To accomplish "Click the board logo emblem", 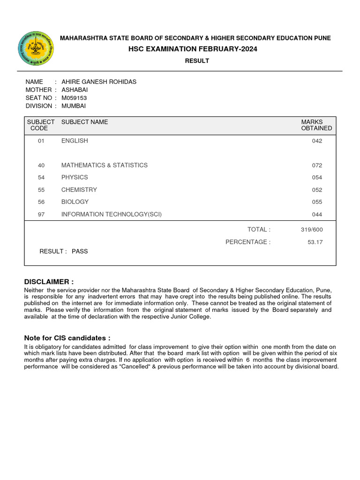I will point(36,48).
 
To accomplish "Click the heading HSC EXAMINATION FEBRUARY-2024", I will point(197,49).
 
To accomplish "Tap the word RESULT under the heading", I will point(197,61).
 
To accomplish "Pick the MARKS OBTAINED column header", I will point(316,125).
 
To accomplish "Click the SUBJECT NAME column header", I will point(84,122).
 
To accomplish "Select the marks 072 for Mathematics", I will point(317,165).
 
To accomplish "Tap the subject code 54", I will point(42,178).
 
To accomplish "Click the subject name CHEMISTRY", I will point(79,190).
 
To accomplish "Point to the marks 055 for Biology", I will point(317,202).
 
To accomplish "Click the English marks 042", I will point(317,141).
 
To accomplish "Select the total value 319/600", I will point(312,230).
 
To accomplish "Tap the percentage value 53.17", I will point(315,242).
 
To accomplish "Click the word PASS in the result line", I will point(80,251).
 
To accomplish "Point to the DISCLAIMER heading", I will point(49,282).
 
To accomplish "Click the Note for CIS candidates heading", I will point(67,338).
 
